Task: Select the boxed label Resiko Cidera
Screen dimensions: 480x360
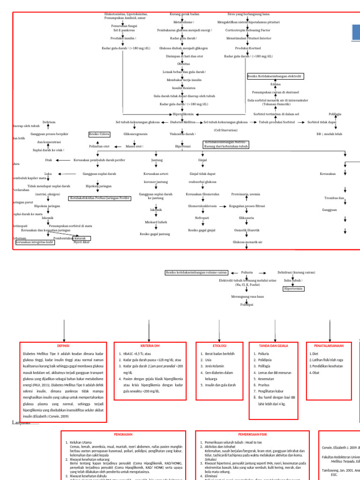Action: [99, 134]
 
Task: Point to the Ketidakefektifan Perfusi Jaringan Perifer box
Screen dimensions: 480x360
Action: [100, 198]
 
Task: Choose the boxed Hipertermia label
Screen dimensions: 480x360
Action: [293, 289]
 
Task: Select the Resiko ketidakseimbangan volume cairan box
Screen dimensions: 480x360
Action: [197, 272]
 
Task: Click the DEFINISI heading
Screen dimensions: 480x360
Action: [63, 345]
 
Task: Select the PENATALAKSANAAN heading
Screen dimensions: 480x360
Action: [329, 345]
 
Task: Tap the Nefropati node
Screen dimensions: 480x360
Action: [202, 218]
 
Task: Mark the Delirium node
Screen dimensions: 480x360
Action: [49, 122]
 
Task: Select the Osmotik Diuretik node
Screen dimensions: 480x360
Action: [247, 230]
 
